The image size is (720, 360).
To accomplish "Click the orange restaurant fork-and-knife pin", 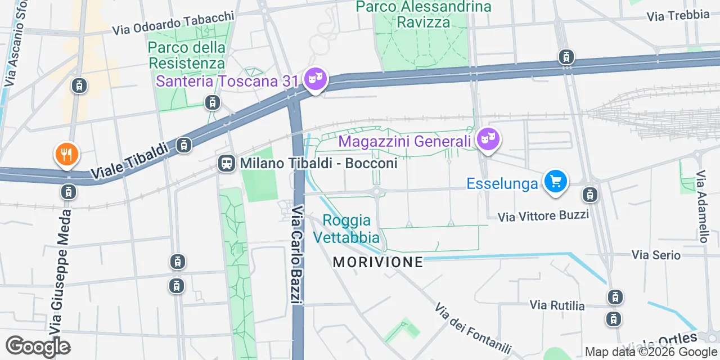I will point(66,154).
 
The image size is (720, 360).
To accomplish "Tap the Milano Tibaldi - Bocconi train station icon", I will point(226,164).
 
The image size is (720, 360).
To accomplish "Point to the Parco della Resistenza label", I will point(187,55).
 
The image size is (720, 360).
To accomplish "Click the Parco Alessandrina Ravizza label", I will point(424,14).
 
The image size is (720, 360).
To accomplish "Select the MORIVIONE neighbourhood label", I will point(377,262).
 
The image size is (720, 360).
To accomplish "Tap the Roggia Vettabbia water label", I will point(346,228).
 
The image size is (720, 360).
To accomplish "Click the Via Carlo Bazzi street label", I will point(298,255).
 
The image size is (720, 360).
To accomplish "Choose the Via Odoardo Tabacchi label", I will point(173,23).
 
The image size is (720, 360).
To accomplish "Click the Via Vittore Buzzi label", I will point(543,215).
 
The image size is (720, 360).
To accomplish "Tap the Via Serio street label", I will point(656,255).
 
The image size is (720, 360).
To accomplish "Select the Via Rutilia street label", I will point(557,305).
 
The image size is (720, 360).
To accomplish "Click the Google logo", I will point(38,346).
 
